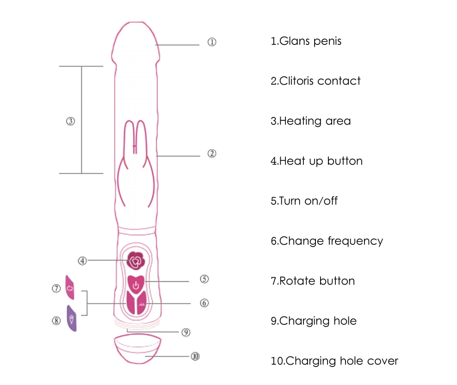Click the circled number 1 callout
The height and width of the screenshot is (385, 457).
coord(211,42)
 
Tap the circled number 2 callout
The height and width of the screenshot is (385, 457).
coord(211,154)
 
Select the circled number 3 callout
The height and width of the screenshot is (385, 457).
coord(70,121)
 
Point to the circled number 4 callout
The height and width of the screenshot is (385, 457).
coord(82,261)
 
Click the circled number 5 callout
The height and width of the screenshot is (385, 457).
coord(204,279)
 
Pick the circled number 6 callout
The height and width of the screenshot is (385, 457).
coord(204,303)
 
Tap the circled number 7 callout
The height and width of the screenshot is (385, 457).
coord(56,288)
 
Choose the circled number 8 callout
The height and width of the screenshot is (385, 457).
coord(56,320)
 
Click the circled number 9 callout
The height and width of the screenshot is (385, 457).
coord(186,332)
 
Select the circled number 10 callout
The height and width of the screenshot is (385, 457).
coord(195,356)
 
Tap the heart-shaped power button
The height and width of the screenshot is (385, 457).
coord(136,283)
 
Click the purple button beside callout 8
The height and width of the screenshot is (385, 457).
coord(72,318)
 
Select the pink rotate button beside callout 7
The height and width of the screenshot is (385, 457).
coord(70,288)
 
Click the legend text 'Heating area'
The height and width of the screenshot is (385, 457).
coord(310,121)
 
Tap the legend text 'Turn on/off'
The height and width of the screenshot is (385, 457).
coord(304,201)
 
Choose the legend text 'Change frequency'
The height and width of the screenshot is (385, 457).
coord(327,241)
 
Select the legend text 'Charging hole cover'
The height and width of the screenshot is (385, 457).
coord(334,361)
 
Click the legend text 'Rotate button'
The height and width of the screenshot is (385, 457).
coord(313,281)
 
